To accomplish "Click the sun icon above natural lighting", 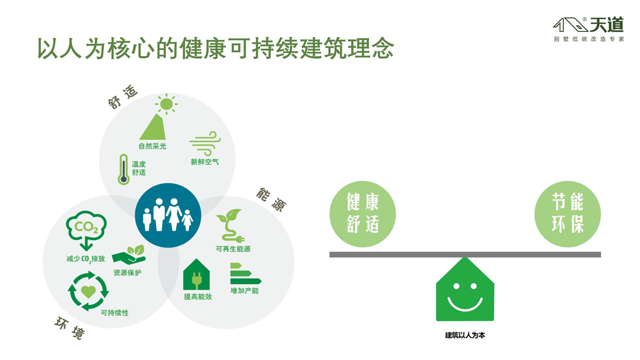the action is pos(166,104).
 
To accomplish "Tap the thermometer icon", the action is pos(123,170).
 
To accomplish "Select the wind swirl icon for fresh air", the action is pos(205,143).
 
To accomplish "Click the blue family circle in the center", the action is pos(168,215).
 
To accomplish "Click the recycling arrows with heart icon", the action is pos(89,291).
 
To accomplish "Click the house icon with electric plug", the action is pos(196,274).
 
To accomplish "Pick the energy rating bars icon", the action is pos(245,274).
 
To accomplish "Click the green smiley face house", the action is pos(465,289).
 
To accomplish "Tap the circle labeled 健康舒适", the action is pos(363,214).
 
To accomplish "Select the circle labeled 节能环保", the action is pos(567,214).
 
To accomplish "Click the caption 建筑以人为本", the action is pos(465,335).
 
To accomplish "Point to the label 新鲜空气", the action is pos(205,162).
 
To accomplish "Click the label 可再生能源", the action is pos(233,249).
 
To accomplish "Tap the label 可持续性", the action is pos(115,313).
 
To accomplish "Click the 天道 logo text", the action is pos(607,25).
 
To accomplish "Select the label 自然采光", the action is pos(153,146).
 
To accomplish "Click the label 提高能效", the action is pos(198,297).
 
